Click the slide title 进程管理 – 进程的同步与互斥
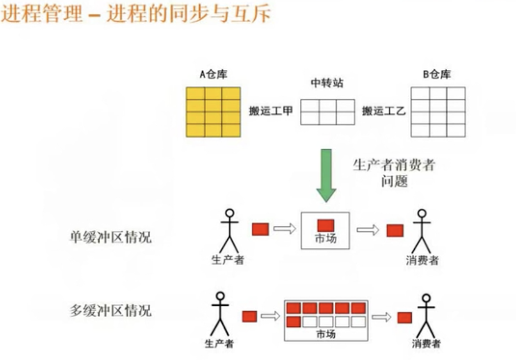(x=135, y=15)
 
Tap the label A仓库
(x=213, y=75)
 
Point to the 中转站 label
(x=327, y=84)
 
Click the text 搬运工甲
(x=271, y=111)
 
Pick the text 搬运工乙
(x=384, y=111)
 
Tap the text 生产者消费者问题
(x=394, y=173)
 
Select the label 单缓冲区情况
(x=110, y=237)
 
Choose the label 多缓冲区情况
(x=110, y=310)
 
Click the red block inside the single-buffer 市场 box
(x=326, y=225)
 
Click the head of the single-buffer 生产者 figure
(x=230, y=213)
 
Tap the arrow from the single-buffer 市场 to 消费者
(x=368, y=230)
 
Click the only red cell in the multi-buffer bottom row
(x=293, y=321)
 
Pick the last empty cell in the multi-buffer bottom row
(x=358, y=321)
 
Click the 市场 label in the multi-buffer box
(x=326, y=334)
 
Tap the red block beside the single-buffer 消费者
(x=395, y=230)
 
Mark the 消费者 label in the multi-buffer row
(x=427, y=344)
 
